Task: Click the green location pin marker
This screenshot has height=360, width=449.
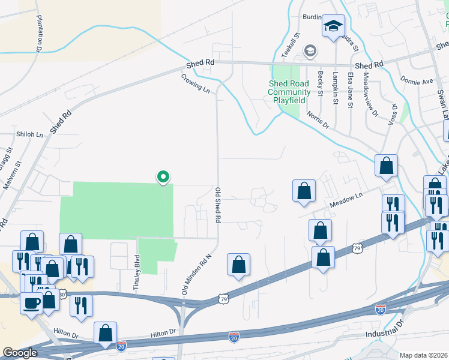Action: coord(163,177)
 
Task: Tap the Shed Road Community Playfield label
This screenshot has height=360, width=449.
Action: coord(289,92)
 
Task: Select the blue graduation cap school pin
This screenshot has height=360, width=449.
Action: coord(333,26)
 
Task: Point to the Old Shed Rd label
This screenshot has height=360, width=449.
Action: coord(217,205)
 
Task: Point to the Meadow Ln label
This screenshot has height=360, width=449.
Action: coord(349,200)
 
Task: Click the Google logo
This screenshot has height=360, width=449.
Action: coord(20,353)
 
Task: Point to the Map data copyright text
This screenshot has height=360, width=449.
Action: coord(423,355)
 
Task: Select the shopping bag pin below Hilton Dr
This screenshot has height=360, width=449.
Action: coord(105,333)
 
